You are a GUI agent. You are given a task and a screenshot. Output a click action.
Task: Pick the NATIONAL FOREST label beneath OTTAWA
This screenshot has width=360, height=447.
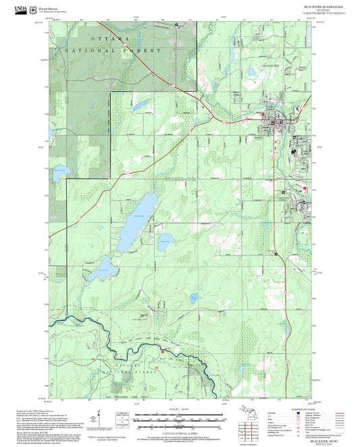(x=113, y=51)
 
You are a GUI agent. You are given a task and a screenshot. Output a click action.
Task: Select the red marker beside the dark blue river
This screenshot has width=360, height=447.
(x=163, y=348)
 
